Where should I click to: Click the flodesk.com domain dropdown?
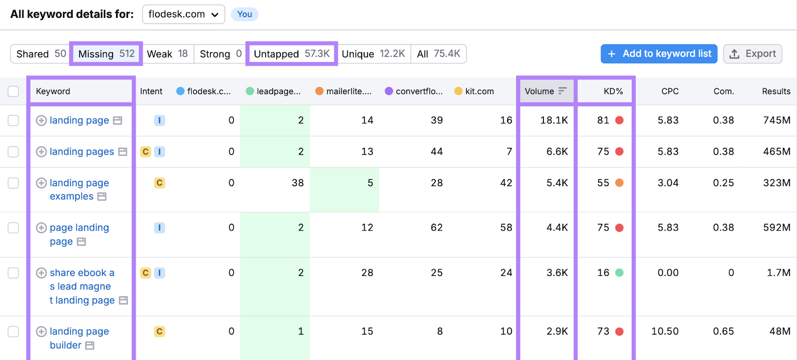183,14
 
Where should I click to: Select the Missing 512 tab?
106,54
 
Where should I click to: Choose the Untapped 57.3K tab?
291,54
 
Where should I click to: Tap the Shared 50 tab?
41,54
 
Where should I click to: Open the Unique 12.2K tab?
373,54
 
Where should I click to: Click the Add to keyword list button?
659,54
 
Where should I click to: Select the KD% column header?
613,91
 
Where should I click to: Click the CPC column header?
669,91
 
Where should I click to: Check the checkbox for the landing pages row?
13,152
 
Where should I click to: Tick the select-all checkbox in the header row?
13,91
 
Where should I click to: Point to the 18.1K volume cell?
554,120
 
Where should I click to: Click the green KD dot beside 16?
619,273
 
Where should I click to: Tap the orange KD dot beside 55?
619,183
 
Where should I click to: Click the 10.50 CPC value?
664,332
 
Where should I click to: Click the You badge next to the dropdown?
244,14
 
